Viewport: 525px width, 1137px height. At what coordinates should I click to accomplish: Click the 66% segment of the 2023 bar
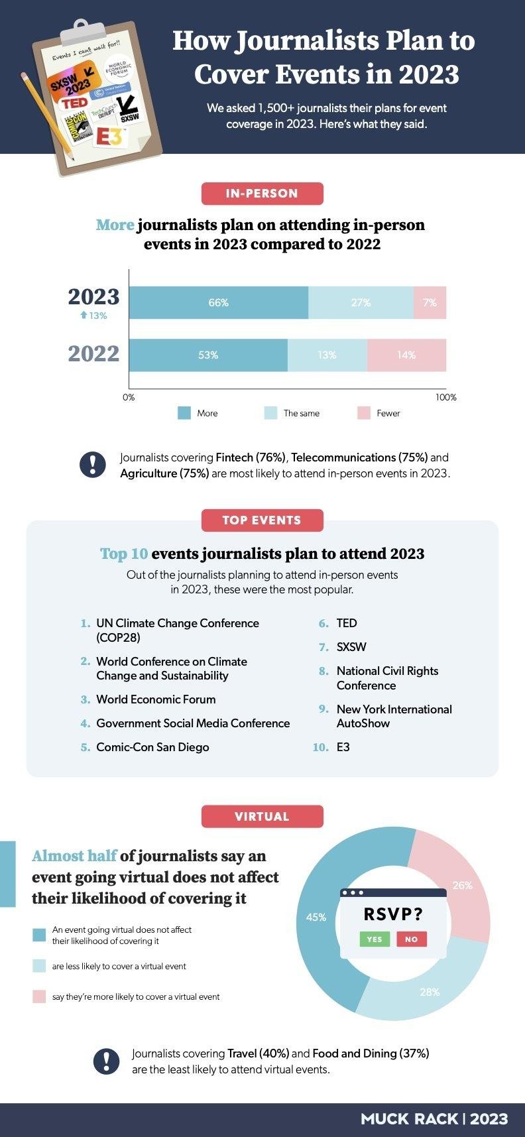coord(218,302)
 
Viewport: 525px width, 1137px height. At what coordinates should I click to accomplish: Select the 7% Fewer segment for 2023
coord(430,302)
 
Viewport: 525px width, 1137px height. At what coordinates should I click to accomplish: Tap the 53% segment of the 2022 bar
coord(208,355)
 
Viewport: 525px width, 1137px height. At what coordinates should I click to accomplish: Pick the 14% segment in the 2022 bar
coord(406,355)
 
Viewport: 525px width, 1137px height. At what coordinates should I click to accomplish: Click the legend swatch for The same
coord(270,413)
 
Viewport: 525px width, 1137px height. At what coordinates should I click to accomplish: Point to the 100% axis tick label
coord(445,397)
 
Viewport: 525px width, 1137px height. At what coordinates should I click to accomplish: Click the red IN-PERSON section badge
coord(262,194)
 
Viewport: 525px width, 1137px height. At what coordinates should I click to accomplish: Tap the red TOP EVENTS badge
coord(262,520)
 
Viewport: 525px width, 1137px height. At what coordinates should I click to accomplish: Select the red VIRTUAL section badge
coord(262,816)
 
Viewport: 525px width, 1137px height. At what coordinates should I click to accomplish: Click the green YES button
coord(375,939)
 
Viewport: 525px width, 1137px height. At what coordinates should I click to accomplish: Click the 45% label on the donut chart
coord(316,917)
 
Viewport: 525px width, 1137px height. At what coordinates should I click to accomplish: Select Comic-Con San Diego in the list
coord(152,747)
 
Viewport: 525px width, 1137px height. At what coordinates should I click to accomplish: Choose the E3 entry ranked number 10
coord(343,747)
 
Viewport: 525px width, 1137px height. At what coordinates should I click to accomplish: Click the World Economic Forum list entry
coord(156,699)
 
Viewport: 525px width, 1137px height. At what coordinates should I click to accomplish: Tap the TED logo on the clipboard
coord(74,103)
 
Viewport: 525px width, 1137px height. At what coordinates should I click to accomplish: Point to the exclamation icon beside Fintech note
coord(93,465)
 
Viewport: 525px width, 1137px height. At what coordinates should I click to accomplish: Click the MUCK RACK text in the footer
coord(409,1119)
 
